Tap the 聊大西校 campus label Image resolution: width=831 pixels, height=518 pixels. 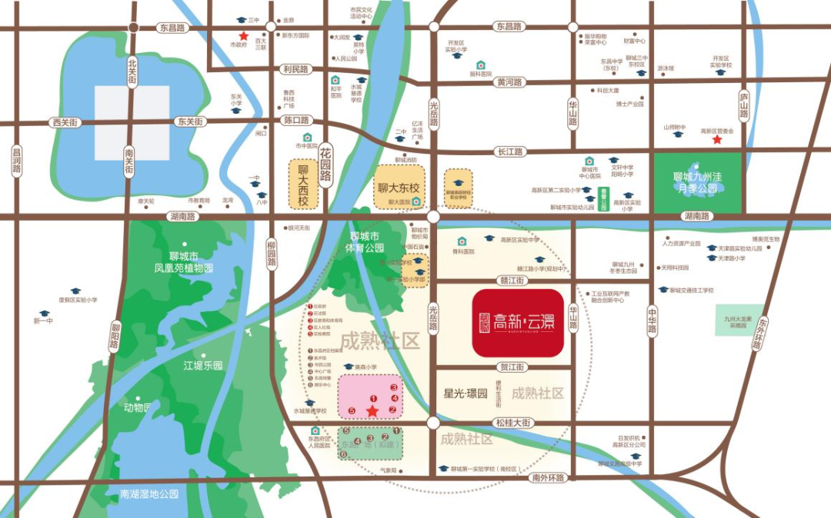point(302,184)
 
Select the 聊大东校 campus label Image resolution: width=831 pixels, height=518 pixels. point(399,187)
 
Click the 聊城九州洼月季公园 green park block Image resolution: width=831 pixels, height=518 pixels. point(698,183)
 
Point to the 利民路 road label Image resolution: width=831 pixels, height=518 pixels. point(295,69)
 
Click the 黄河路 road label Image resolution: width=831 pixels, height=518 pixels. point(509,81)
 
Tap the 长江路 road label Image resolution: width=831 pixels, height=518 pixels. point(509,152)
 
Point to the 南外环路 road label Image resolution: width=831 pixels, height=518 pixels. point(548,477)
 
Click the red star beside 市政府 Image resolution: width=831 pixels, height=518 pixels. point(243,36)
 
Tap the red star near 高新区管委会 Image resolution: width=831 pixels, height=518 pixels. point(717,141)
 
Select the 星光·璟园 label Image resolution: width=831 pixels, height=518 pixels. point(466,393)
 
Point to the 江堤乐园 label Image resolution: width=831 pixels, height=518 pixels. point(202,366)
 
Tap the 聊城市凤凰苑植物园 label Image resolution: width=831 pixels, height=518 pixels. point(183,262)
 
